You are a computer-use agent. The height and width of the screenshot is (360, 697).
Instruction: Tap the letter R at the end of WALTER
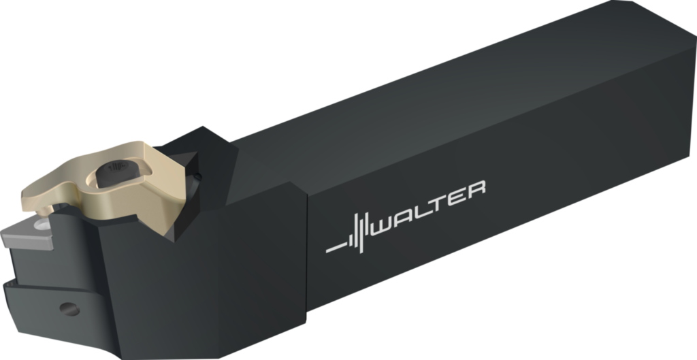tap(476, 189)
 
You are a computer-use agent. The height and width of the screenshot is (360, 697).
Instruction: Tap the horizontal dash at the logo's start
tap(336, 248)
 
